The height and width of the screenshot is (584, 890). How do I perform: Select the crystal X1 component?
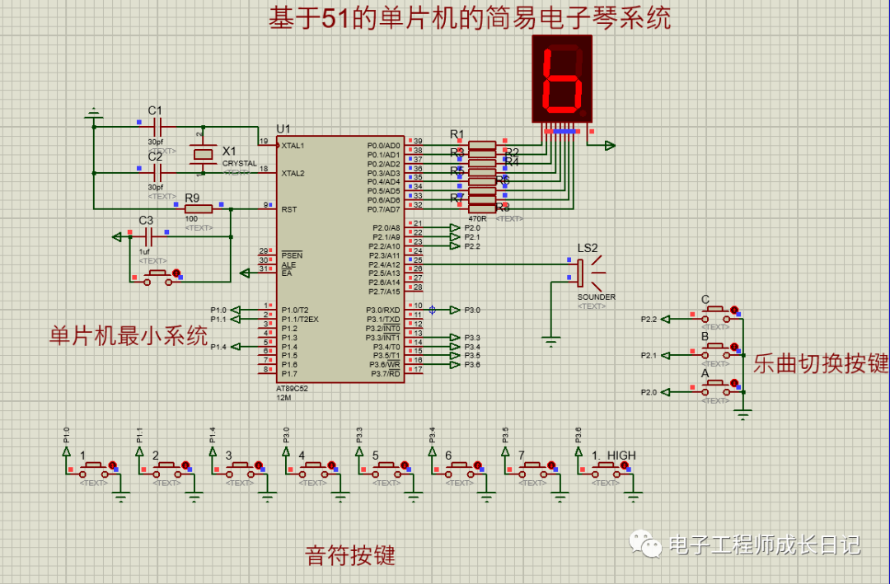click(201, 154)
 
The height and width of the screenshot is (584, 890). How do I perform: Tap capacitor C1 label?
click(155, 110)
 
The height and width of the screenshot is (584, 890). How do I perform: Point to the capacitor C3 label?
click(146, 221)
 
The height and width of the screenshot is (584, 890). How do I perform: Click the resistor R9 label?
click(192, 199)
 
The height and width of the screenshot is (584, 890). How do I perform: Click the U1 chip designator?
click(283, 128)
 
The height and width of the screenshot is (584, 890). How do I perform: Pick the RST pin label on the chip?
click(289, 209)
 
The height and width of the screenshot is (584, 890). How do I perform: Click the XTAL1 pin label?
click(293, 146)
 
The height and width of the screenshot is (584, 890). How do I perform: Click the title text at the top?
click(469, 18)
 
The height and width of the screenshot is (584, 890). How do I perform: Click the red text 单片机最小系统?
click(129, 336)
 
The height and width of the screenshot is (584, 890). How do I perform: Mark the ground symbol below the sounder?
click(550, 338)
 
